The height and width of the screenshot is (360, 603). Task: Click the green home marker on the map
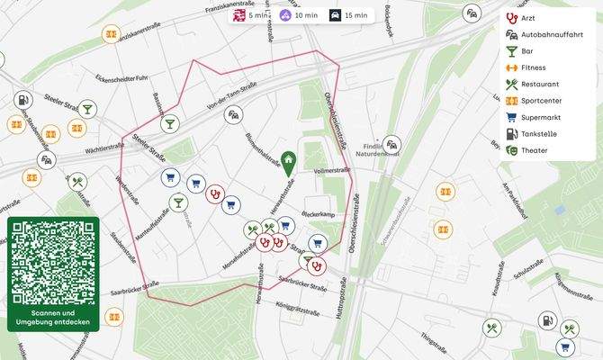coord(287,162)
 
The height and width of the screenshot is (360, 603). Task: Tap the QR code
coord(53,262)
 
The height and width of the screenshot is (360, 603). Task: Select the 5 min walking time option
coord(251,15)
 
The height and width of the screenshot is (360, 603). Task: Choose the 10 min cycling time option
coord(299,15)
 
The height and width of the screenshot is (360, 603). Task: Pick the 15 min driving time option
coord(348,15)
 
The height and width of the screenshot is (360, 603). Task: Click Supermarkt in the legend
coord(538,117)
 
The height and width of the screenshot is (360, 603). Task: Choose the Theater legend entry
coord(533,150)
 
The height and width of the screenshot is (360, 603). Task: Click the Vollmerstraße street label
coord(331,169)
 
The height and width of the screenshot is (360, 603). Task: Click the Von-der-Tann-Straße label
coord(232,98)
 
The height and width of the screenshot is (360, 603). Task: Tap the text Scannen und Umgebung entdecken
coord(53,318)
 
